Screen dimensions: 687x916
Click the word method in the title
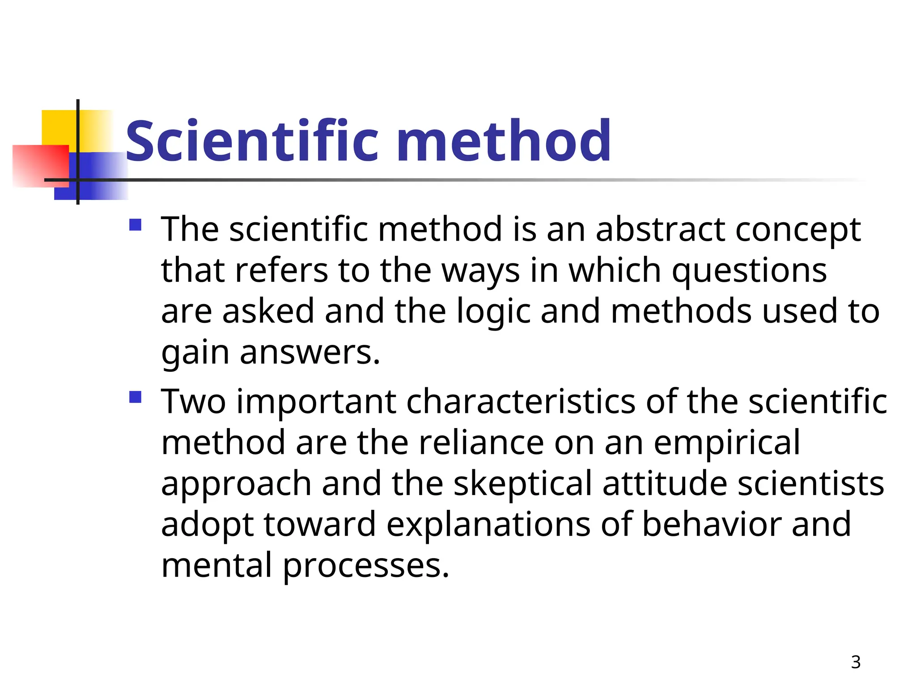point(504,141)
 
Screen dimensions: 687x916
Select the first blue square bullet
point(135,225)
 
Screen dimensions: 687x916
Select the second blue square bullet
point(135,397)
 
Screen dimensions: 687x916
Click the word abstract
point(660,229)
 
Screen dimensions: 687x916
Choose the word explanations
point(488,525)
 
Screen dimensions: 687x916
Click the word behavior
point(711,525)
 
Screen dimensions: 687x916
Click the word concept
point(798,229)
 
